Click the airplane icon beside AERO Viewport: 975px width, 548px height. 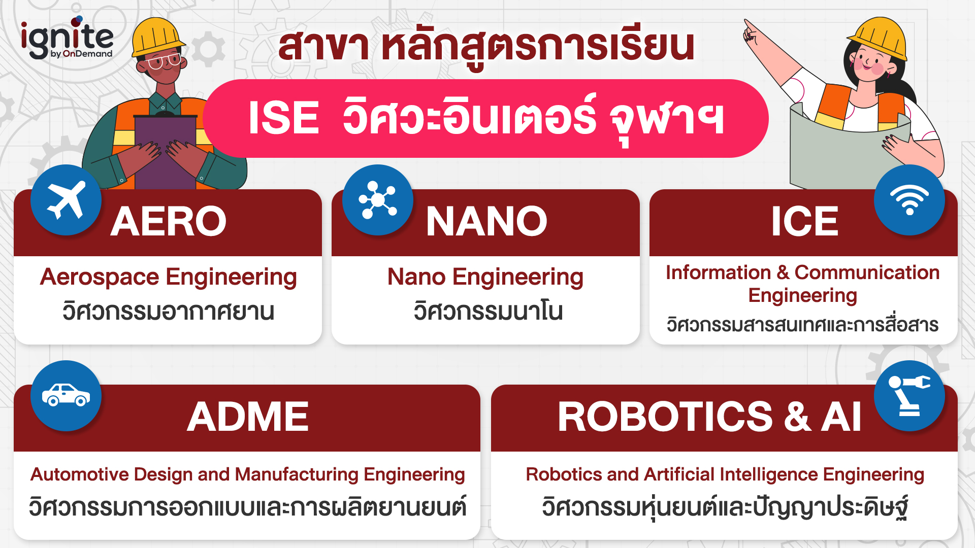pos(66,200)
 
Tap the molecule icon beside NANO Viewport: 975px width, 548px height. pos(377,200)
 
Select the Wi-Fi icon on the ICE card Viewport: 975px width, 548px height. pos(909,200)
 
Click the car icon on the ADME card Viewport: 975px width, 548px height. pos(66,396)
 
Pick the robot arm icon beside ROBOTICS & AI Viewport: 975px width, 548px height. pos(909,396)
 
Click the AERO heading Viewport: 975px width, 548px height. pos(168,222)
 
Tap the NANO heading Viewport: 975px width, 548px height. pos(486,222)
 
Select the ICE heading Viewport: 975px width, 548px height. pos(804,222)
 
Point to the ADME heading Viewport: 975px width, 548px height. pos(248,417)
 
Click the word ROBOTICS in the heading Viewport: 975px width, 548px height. pos(665,417)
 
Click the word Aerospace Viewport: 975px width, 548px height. pos(100,278)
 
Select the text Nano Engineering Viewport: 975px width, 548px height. pos(485,278)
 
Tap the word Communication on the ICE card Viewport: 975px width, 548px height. pos(867,273)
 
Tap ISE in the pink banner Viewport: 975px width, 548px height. pos(283,118)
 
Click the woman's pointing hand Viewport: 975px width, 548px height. pos(751,33)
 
